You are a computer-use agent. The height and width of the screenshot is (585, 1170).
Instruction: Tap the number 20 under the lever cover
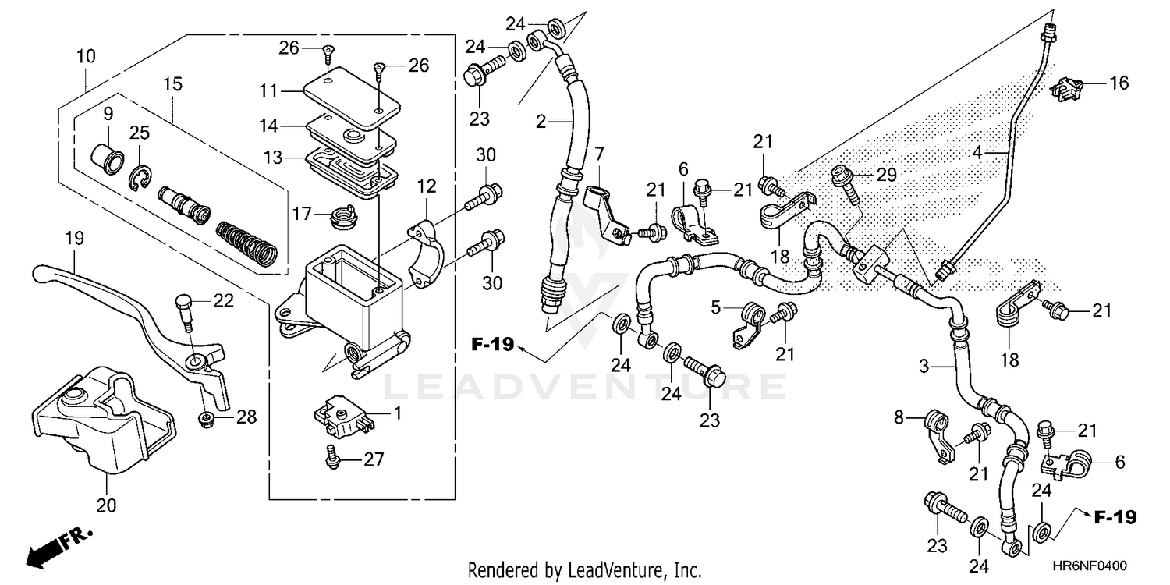[107, 506]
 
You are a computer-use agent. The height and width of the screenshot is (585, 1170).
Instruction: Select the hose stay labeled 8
[940, 437]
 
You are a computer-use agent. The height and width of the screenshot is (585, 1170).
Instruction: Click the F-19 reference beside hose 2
[493, 344]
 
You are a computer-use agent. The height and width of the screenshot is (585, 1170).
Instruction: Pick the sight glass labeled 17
[341, 214]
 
